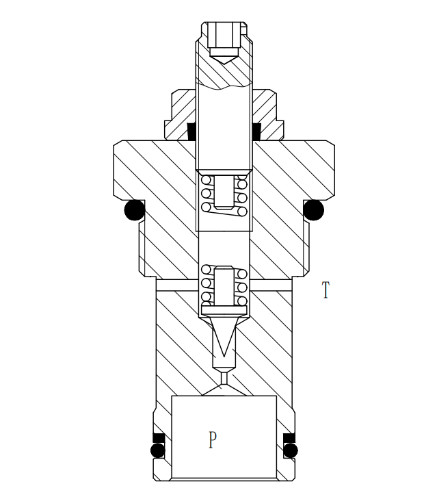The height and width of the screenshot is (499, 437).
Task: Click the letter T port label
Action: pyautogui.click(x=326, y=290)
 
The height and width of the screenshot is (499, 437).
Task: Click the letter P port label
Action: pyautogui.click(x=213, y=439)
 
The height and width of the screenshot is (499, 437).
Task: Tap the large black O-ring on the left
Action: pyautogui.click(x=135, y=209)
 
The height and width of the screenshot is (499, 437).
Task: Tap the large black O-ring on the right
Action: pyautogui.click(x=313, y=209)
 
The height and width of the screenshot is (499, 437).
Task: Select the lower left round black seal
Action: pyautogui.click(x=158, y=450)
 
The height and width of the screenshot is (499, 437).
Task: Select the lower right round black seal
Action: pyautogui.click(x=291, y=450)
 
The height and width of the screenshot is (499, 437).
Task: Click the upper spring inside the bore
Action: pyautogui.click(x=224, y=195)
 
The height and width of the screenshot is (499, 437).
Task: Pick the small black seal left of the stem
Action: pyautogui.click(x=192, y=129)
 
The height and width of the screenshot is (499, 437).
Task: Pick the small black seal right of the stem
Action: pyautogui.click(x=256, y=129)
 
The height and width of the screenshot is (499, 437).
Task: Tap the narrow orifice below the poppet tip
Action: pyautogui.click(x=224, y=376)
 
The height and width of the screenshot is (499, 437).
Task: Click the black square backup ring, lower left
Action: pyautogui.click(x=158, y=437)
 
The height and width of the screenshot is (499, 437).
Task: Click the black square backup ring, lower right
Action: pyautogui.click(x=290, y=437)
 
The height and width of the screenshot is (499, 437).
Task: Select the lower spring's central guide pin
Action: pyautogui.click(x=224, y=286)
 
